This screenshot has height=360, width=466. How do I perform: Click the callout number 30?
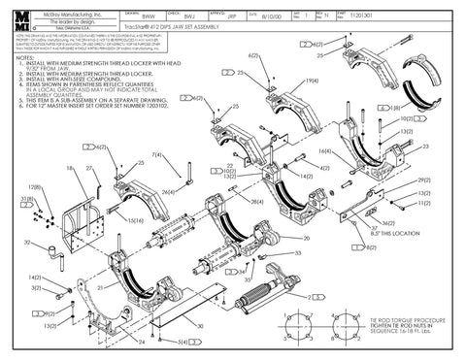click(x=199, y=326)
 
